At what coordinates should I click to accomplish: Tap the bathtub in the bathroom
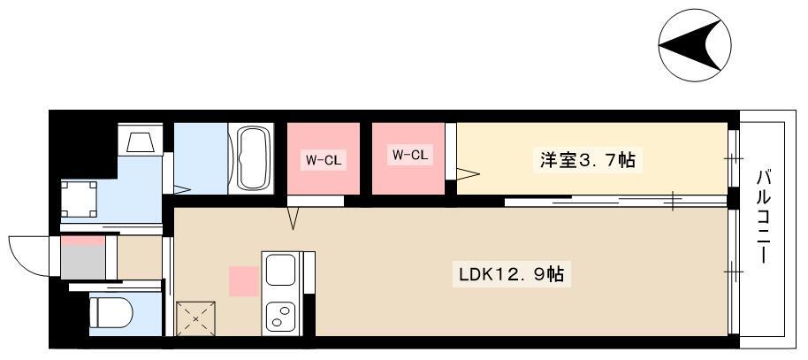pyautogui.click(x=254, y=158)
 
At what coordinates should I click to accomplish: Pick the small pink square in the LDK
pyautogui.click(x=241, y=280)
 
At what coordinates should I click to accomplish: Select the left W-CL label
pyautogui.click(x=322, y=160)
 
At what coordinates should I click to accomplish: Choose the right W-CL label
pyautogui.click(x=409, y=156)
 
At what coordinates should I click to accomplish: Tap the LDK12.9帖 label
pyautogui.click(x=510, y=274)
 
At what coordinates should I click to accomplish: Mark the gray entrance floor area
pyautogui.click(x=82, y=263)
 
